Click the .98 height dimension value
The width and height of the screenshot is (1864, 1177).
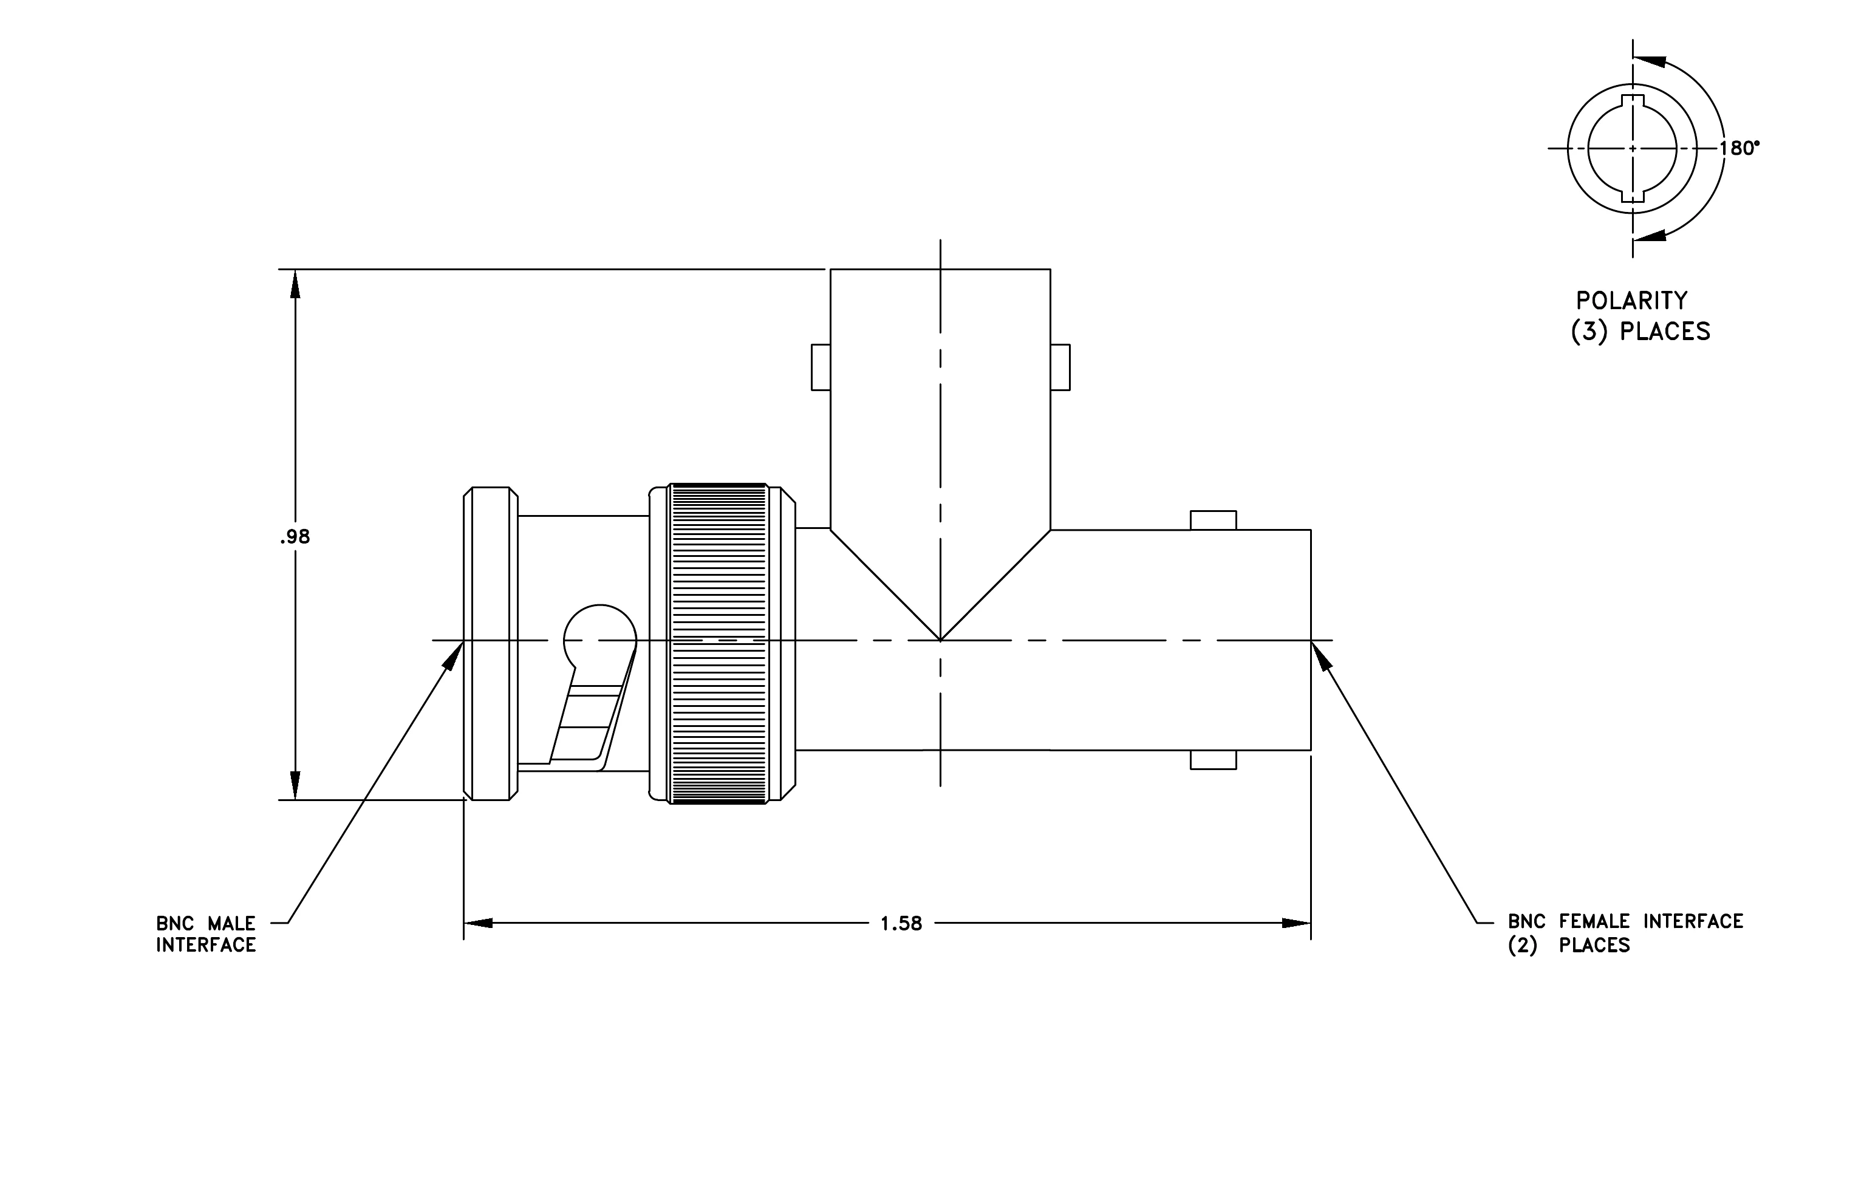point(295,537)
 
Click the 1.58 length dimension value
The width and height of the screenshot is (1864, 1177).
point(901,924)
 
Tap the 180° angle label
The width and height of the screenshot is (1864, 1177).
point(1739,149)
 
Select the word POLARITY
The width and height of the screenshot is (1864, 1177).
point(1632,300)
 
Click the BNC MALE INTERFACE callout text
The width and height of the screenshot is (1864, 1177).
point(206,934)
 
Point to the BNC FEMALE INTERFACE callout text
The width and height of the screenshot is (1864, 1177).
point(1625,933)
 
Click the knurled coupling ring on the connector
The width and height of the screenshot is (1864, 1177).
point(717,644)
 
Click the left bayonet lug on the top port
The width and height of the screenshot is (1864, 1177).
point(821,367)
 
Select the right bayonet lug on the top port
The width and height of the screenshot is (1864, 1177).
point(1060,367)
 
